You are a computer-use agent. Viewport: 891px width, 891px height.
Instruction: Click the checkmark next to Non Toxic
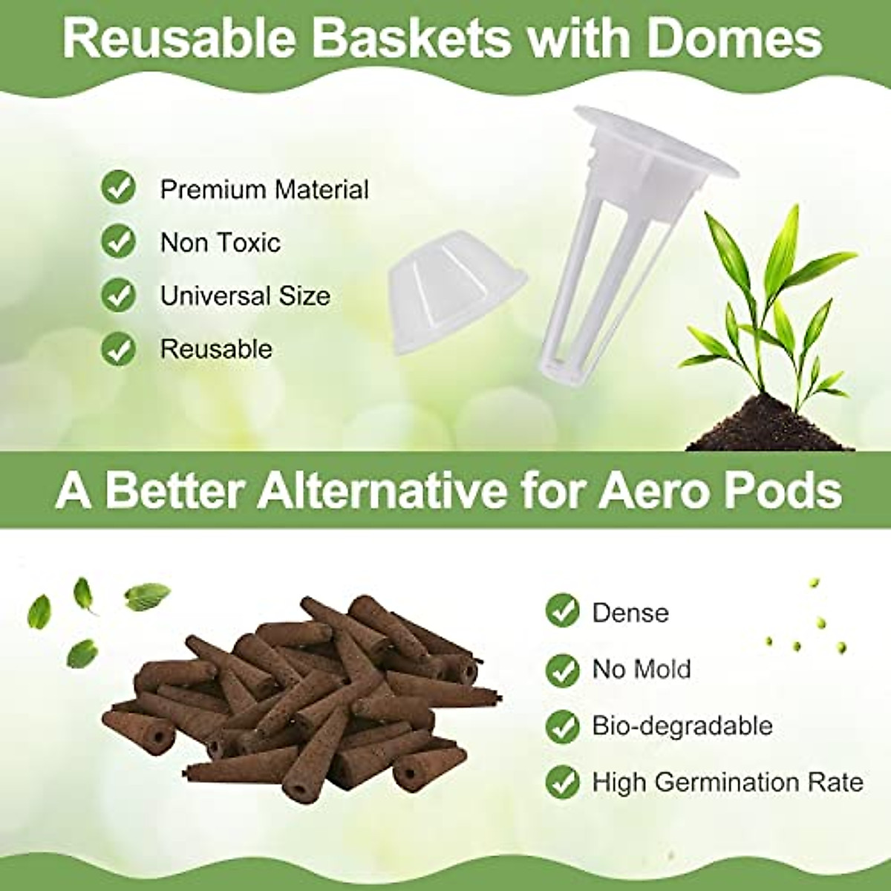click(x=118, y=241)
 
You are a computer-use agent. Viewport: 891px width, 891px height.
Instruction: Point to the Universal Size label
click(x=245, y=296)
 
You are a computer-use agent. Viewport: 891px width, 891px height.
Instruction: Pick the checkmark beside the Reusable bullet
click(x=118, y=349)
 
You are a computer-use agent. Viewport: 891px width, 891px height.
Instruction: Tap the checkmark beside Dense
click(x=562, y=611)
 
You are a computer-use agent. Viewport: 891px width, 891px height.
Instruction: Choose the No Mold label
click(x=641, y=669)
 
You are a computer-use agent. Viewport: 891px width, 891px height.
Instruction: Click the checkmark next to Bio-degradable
click(x=562, y=725)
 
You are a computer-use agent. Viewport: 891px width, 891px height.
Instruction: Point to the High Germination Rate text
click(x=728, y=782)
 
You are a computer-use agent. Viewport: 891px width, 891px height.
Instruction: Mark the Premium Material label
click(x=264, y=189)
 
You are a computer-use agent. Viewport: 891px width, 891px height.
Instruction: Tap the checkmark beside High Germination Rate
click(x=562, y=782)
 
